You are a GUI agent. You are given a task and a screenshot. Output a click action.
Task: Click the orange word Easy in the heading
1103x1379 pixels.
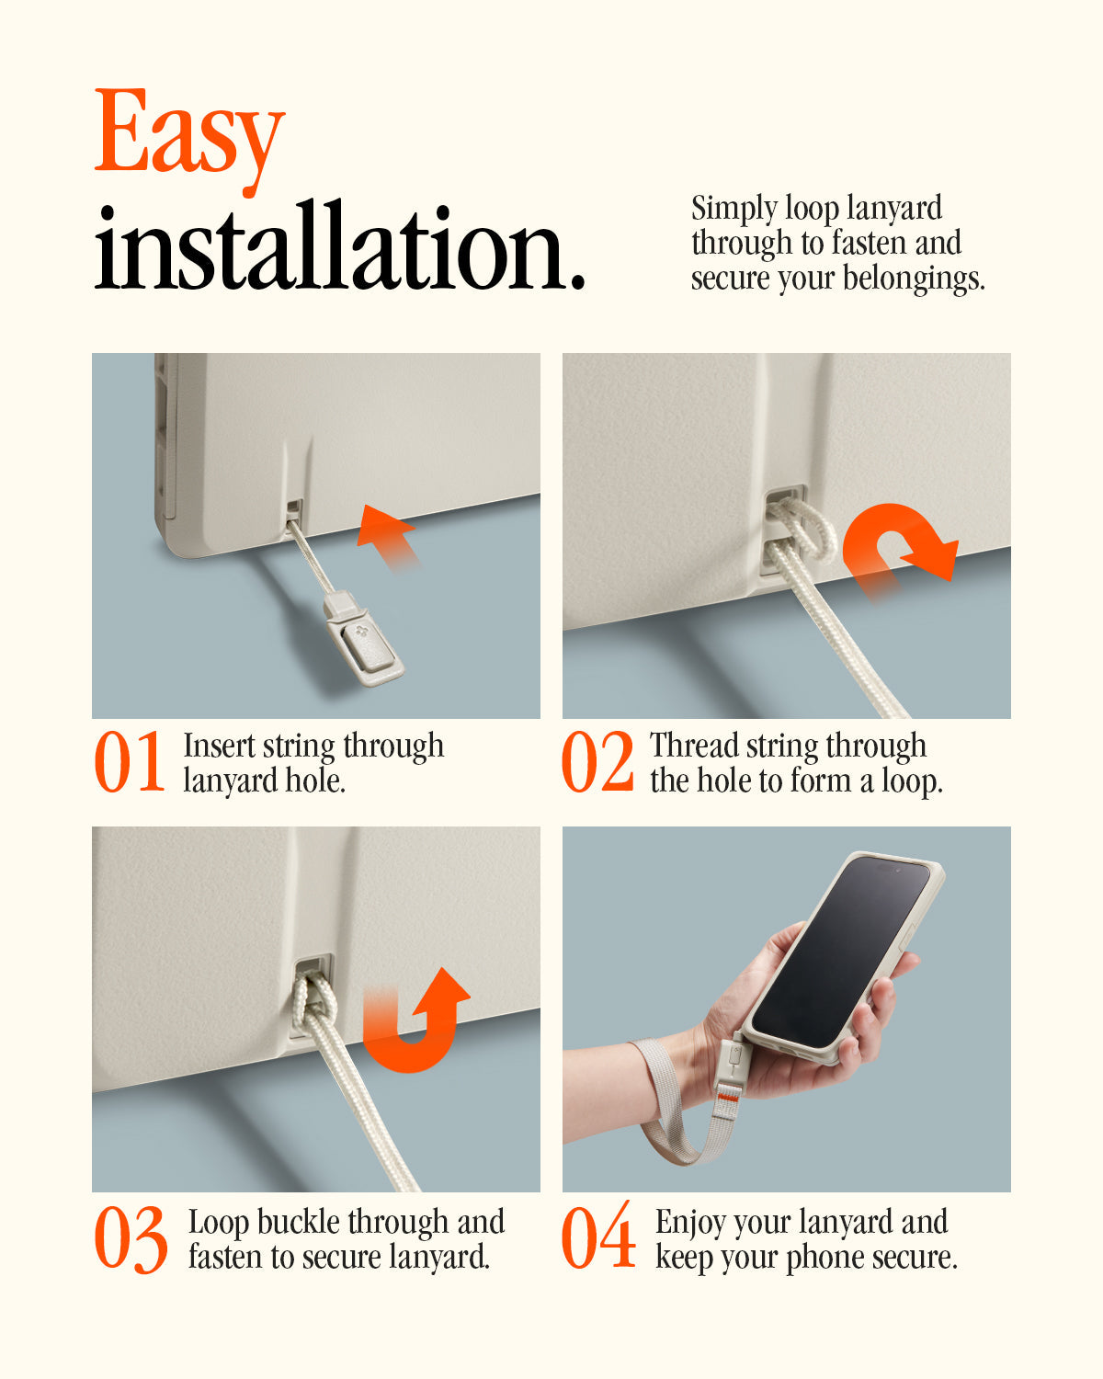tap(188, 133)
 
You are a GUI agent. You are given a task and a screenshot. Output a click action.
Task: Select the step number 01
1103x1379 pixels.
tap(130, 762)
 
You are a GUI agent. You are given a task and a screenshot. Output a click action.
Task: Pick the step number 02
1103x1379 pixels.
tap(597, 762)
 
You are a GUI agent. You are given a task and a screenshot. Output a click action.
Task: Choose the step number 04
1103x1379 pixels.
tap(598, 1237)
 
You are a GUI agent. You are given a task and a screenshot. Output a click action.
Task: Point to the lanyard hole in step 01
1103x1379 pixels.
tap(294, 508)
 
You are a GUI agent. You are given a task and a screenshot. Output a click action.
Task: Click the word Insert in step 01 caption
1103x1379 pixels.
tap(219, 746)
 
